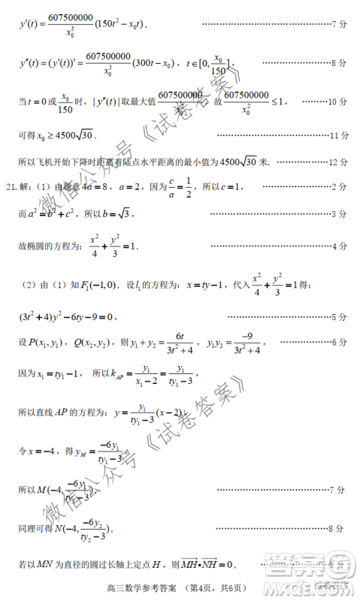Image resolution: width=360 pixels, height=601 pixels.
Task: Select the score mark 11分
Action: tap(339, 135)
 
